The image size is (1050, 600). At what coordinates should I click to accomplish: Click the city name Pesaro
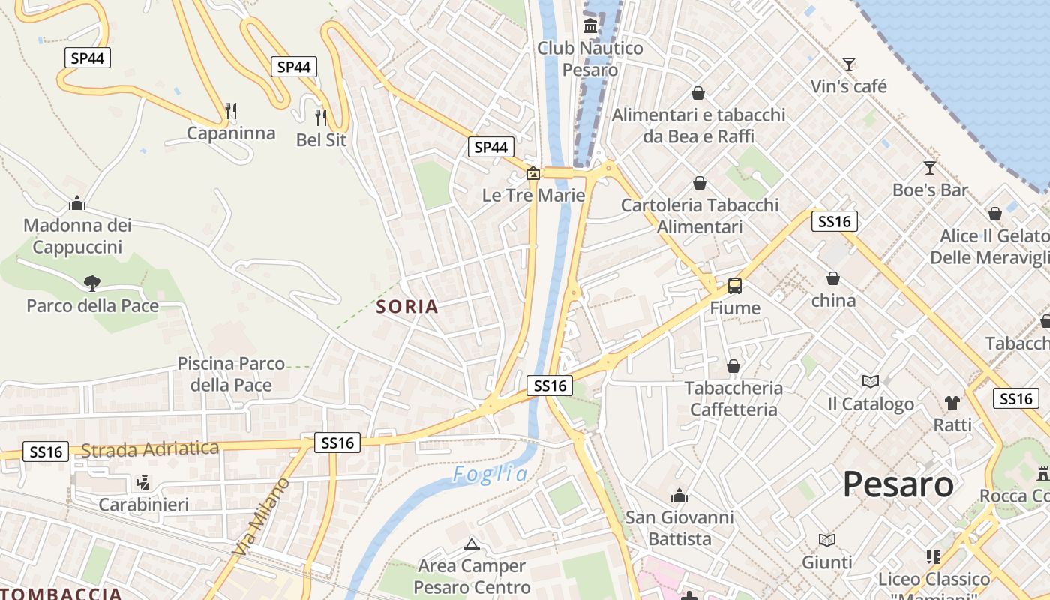898,484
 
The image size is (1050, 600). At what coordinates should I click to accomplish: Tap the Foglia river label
490,474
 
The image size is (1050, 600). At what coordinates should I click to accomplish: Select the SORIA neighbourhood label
407,306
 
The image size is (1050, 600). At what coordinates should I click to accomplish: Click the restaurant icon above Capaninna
231,111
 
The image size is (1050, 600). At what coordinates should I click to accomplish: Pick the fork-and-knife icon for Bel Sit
321,117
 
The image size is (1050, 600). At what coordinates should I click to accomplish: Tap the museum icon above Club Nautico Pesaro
590,26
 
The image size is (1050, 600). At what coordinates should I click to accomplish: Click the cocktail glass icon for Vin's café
849,64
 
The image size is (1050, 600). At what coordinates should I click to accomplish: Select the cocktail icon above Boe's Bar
930,167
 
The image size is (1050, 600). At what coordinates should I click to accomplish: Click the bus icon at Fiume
735,286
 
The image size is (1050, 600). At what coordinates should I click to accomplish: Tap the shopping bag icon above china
833,278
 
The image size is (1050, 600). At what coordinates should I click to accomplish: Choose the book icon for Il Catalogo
870,382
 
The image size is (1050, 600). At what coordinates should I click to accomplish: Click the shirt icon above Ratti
952,403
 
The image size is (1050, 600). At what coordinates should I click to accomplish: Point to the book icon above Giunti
827,540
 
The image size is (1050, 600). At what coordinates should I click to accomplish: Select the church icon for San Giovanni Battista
679,496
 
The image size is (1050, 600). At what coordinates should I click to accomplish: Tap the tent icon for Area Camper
471,544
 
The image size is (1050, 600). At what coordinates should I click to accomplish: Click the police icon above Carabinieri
144,482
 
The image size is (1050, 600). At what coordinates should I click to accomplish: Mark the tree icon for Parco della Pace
92,283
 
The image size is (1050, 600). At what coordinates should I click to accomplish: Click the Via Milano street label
261,517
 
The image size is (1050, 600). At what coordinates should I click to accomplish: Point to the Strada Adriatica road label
150,449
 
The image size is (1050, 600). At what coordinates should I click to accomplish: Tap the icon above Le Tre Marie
532,174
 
